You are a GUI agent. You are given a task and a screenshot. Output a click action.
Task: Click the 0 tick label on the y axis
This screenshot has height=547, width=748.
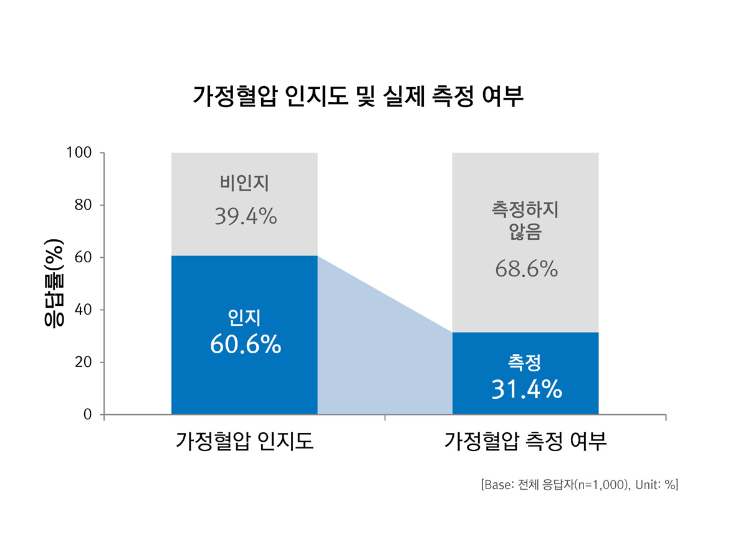(87, 414)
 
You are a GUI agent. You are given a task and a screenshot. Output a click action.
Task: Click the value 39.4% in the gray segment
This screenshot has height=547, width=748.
(245, 216)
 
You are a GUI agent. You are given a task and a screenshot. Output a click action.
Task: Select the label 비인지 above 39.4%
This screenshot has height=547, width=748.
(244, 183)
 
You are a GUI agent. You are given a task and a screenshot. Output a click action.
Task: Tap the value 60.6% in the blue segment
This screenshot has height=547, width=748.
(245, 345)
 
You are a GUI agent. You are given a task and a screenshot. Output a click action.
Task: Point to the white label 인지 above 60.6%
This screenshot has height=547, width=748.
(244, 318)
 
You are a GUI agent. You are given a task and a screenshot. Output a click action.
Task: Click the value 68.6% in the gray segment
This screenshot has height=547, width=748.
(525, 269)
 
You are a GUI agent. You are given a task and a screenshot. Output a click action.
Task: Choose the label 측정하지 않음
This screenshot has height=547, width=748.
(525, 221)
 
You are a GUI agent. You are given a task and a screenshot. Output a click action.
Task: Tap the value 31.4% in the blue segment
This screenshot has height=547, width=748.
(526, 389)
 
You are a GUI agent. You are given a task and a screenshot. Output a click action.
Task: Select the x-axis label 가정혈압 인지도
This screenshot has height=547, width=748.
(244, 441)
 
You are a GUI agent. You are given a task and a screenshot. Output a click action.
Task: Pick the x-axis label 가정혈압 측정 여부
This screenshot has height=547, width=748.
(525, 441)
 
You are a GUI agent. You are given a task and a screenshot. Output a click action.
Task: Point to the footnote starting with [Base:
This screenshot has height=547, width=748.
(579, 485)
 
